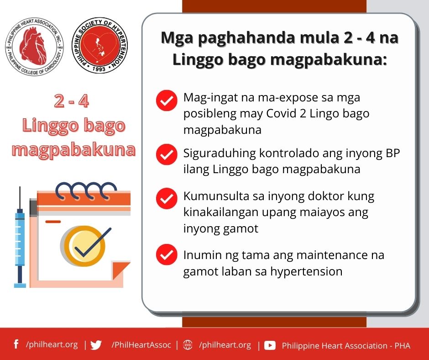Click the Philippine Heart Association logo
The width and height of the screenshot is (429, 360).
click(35, 46)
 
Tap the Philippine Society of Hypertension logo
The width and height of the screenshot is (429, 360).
click(99, 45)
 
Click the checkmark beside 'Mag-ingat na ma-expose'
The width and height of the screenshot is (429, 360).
click(167, 100)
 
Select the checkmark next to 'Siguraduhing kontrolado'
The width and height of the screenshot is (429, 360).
click(167, 154)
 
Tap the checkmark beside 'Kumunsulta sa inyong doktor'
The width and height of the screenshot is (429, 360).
click(167, 198)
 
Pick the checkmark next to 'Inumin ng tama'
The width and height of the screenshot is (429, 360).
click(167, 254)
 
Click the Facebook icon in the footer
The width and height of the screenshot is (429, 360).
click(16, 344)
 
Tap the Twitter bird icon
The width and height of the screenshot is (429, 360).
click(96, 345)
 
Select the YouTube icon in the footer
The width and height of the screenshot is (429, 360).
click(270, 345)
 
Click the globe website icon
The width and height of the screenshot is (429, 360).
click(188, 345)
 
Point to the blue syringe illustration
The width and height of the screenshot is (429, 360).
click(20, 237)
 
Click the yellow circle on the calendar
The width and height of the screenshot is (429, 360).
click(84, 246)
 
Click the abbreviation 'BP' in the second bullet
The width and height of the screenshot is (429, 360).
click(392, 153)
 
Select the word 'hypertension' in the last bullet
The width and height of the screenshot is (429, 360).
click(306, 272)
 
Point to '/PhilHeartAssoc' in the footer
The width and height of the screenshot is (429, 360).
click(141, 345)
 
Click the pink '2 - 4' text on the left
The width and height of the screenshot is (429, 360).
click(71, 101)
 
